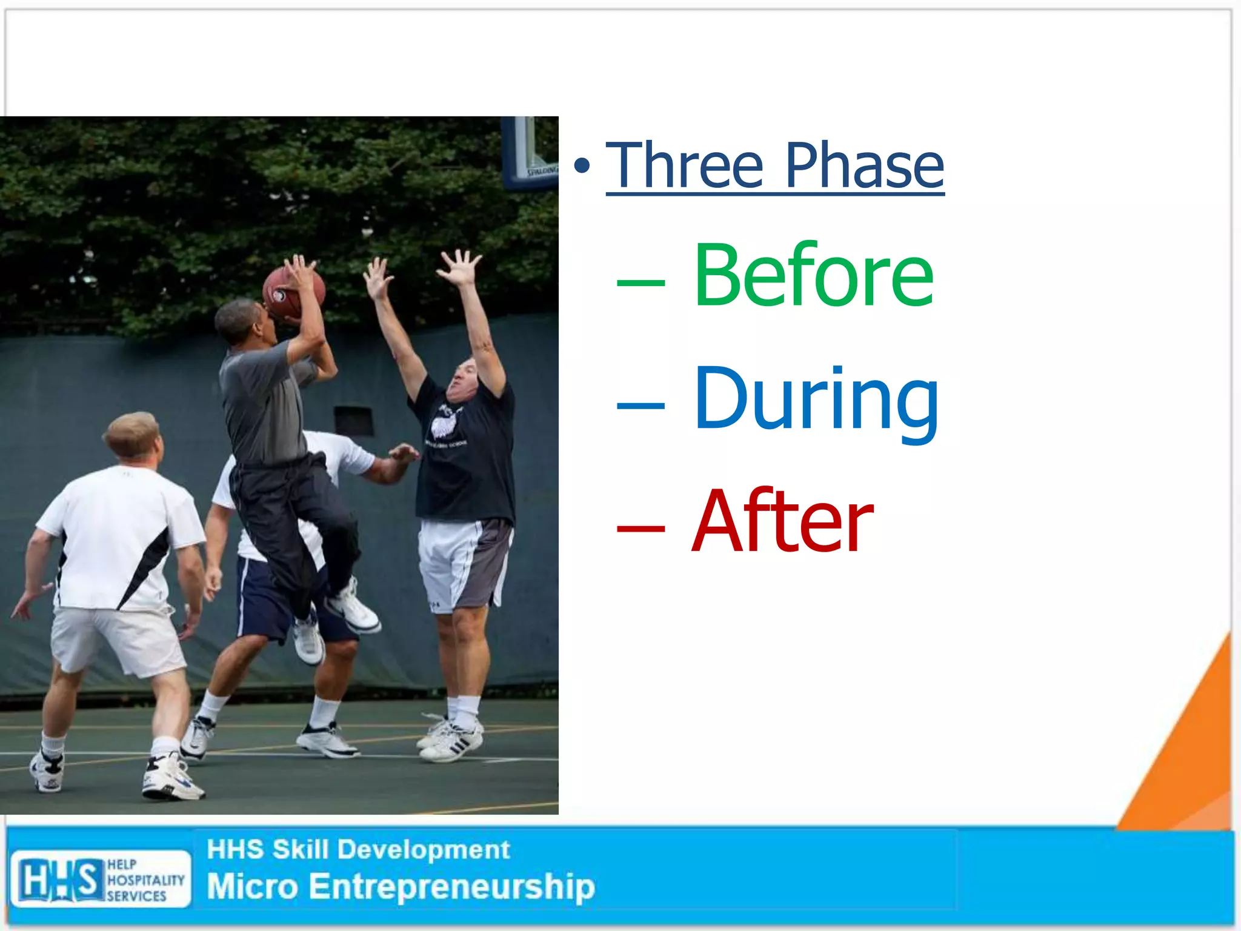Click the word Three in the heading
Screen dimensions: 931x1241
coord(685,165)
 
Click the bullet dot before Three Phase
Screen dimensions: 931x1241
coord(582,165)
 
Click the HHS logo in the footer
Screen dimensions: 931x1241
coord(59,879)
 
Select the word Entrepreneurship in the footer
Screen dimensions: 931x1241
coord(451,886)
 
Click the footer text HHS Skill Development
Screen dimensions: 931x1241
coord(358,850)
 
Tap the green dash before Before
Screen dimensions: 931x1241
coord(640,282)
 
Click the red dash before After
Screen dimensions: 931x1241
coord(640,529)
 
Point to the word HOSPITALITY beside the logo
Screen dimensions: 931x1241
coord(145,879)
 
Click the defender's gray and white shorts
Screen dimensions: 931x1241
coord(464,564)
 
